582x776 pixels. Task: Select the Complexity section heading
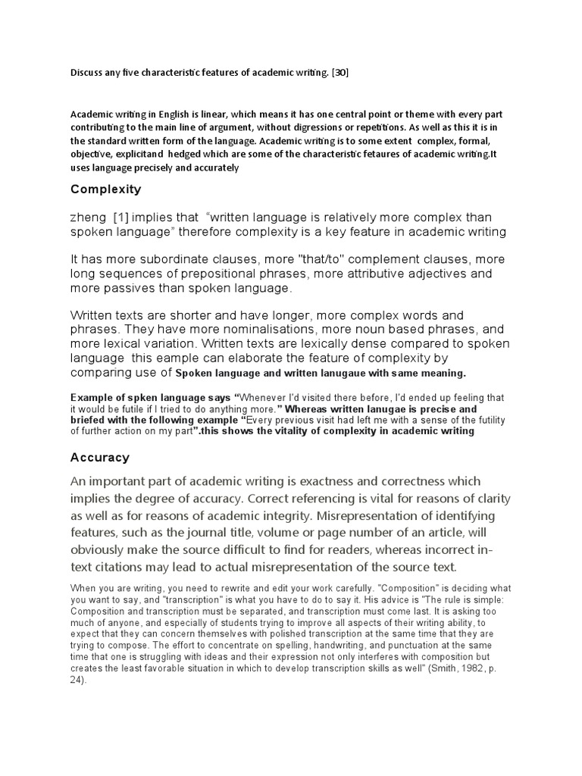point(105,189)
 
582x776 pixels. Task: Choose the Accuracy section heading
point(100,458)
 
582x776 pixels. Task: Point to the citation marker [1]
point(120,217)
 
